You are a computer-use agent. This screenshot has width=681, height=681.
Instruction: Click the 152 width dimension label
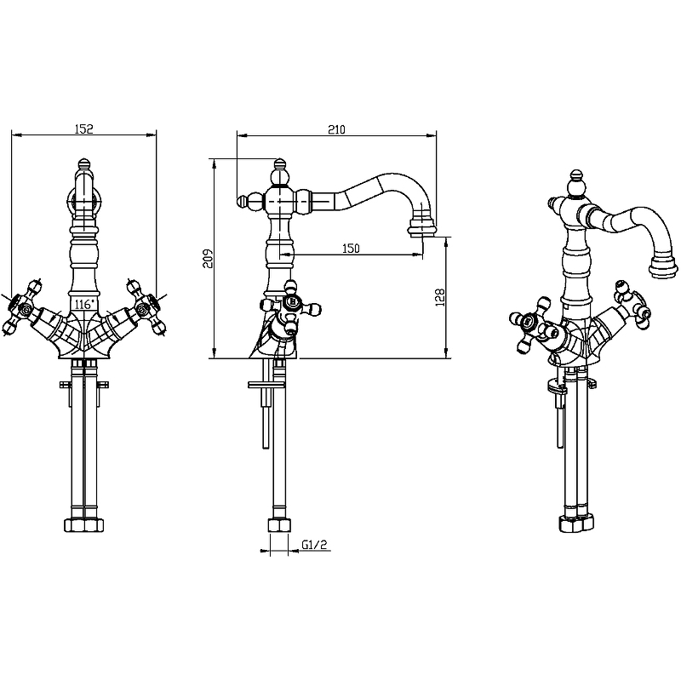[x=83, y=129]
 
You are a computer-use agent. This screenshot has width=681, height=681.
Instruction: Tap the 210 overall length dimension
[x=335, y=129]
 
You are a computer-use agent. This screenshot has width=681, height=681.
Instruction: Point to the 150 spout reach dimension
[x=351, y=249]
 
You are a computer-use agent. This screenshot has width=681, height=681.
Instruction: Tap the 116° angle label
[x=83, y=303]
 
